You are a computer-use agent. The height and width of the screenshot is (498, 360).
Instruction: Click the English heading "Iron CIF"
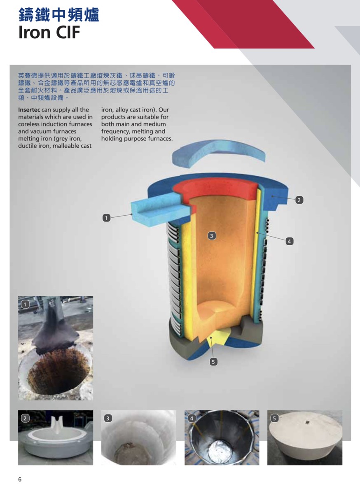(x=49, y=33)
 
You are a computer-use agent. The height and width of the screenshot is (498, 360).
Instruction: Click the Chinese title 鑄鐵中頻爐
(x=59, y=15)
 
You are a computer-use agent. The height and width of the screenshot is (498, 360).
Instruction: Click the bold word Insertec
(x=29, y=110)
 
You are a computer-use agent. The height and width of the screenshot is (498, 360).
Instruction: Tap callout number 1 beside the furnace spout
(x=106, y=218)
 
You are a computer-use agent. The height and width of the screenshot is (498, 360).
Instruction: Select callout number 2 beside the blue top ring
(x=299, y=200)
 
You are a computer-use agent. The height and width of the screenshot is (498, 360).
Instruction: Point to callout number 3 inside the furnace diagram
(x=212, y=236)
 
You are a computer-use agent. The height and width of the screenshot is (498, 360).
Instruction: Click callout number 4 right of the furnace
(x=289, y=241)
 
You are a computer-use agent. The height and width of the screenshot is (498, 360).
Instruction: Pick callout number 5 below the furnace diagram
(x=213, y=362)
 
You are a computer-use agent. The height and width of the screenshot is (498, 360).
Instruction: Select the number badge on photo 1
(x=25, y=305)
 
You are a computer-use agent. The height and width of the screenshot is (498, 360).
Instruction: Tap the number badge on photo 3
(x=108, y=419)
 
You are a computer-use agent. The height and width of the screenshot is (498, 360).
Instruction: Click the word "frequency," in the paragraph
(x=115, y=132)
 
